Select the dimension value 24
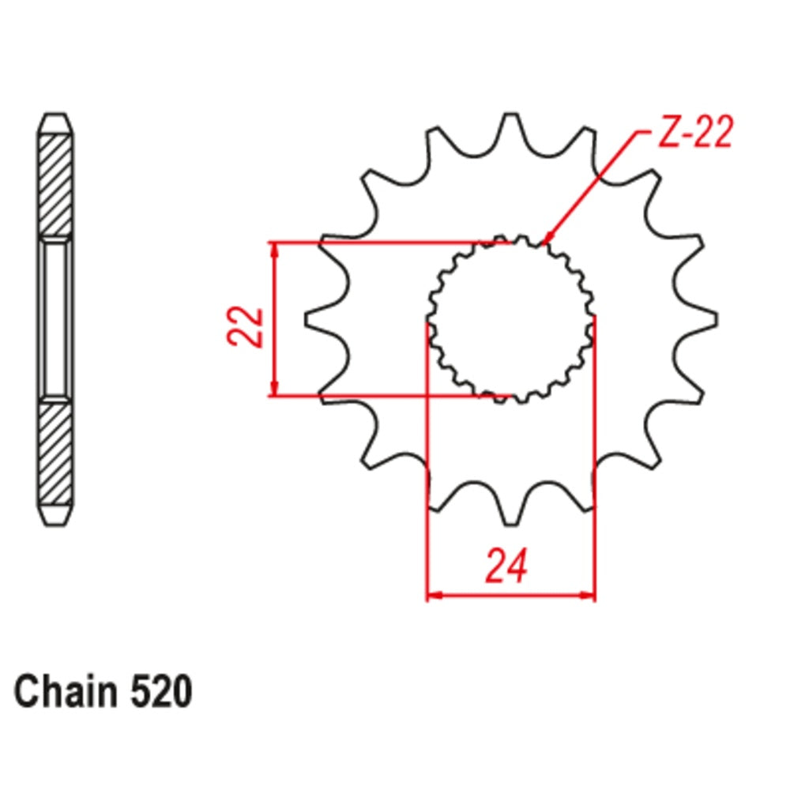(x=506, y=567)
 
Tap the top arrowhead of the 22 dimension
(x=274, y=248)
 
